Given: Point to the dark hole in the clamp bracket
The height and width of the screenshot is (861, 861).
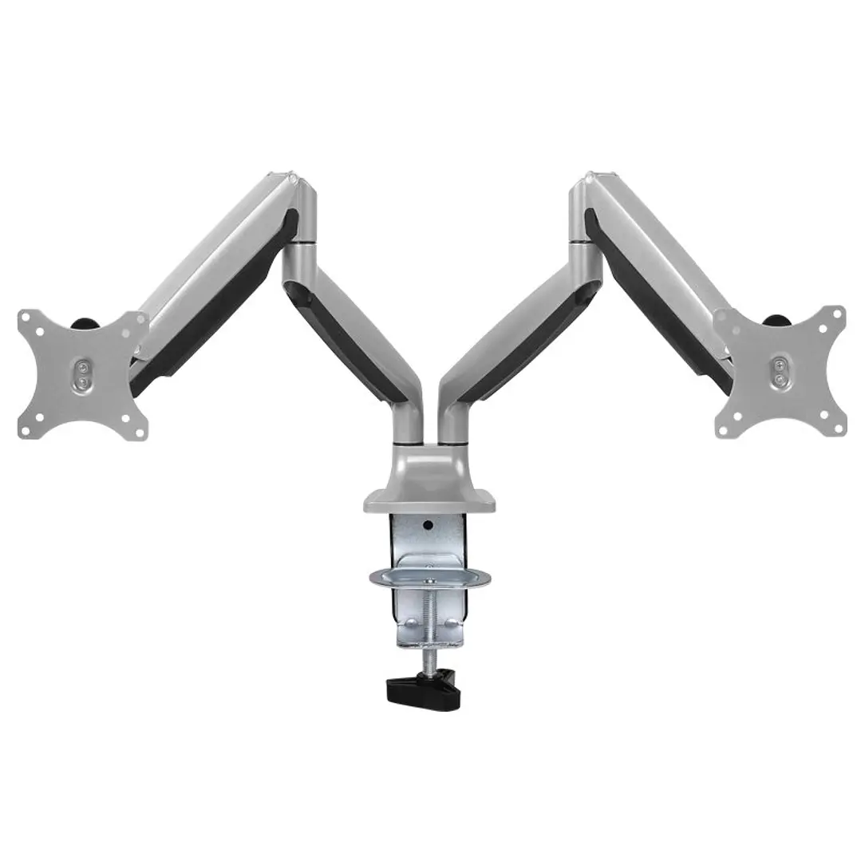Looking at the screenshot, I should [x=429, y=526].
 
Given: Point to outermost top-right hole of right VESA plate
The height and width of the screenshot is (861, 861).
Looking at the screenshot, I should [x=837, y=317].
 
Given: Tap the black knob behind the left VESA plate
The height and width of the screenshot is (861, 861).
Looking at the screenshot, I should [x=83, y=323].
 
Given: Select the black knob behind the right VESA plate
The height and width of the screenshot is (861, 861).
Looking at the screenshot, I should [x=776, y=321].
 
